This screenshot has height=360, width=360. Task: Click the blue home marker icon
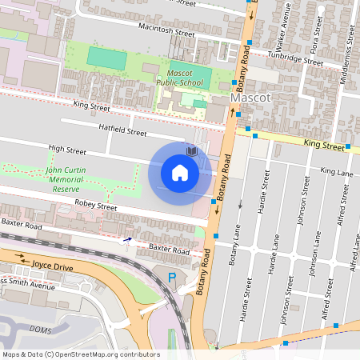click(180, 172)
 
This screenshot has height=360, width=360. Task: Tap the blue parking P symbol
click(171, 277)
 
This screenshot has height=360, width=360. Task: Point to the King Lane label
click(336, 171)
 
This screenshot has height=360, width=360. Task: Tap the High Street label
click(66, 148)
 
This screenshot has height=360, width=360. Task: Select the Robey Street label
click(96, 206)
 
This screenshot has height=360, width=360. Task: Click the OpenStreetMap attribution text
click(80, 354)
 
